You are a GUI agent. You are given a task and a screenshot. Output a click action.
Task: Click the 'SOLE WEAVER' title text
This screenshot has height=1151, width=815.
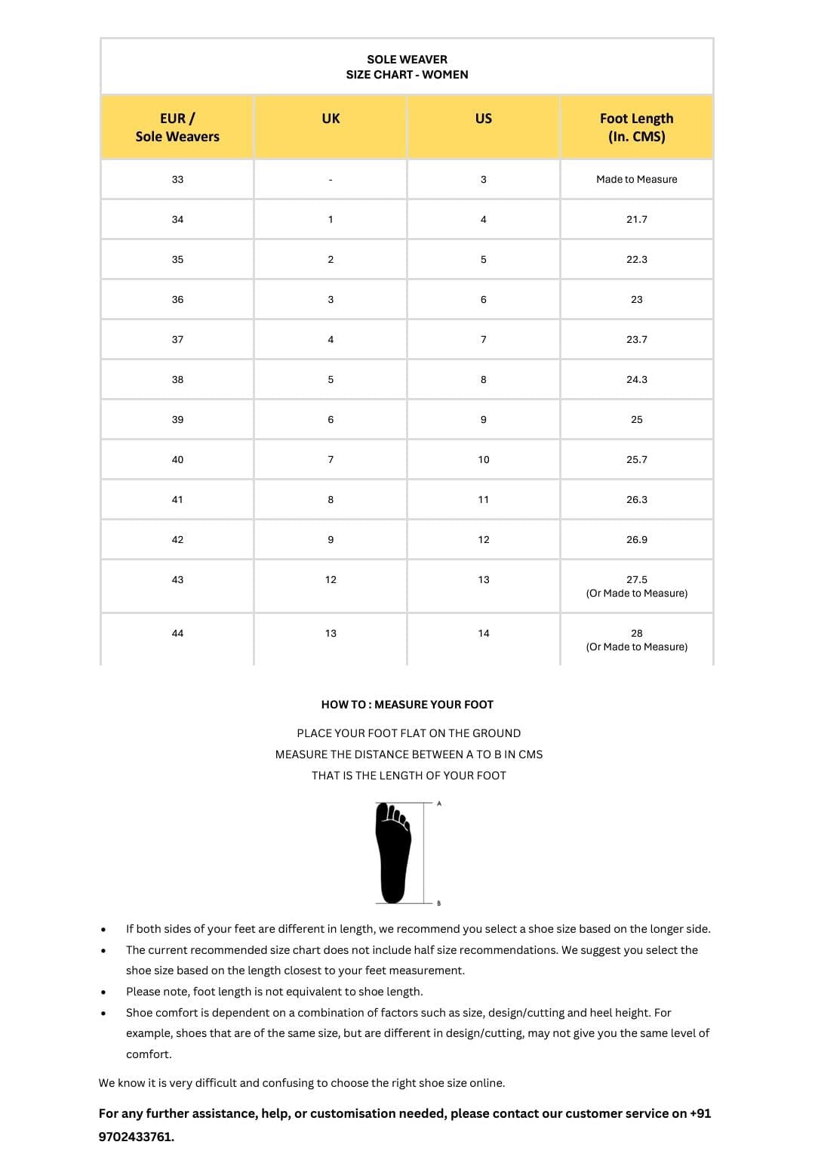(407, 59)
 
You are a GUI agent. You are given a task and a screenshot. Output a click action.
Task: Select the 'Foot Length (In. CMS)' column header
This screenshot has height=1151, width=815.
(636, 127)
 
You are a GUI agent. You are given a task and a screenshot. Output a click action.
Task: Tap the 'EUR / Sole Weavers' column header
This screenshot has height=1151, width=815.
(177, 127)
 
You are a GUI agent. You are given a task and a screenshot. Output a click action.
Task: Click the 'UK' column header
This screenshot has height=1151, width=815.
(331, 119)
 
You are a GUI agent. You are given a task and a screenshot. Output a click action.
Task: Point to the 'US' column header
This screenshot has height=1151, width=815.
(484, 119)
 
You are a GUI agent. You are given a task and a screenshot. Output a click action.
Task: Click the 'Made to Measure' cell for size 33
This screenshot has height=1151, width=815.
(636, 179)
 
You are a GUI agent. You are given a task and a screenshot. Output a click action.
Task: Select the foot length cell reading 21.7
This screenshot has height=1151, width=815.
(636, 219)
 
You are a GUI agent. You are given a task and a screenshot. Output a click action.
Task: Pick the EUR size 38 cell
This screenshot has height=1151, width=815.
(177, 379)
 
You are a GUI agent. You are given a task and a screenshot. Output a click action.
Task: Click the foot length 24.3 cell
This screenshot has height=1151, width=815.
(636, 379)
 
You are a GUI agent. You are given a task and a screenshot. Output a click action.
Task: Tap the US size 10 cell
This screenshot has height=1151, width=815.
(484, 459)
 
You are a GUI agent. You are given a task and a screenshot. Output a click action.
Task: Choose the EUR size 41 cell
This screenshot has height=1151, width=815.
(177, 499)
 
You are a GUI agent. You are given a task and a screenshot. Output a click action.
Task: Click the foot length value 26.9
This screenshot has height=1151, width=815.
(636, 539)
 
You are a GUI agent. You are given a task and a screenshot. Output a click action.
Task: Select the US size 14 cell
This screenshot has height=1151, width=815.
(484, 633)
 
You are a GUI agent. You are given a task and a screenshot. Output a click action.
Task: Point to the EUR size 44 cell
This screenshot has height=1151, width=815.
(177, 633)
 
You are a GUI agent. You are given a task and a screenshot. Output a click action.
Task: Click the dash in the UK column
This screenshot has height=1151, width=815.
(331, 180)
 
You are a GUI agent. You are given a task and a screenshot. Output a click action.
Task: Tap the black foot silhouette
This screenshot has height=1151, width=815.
(393, 853)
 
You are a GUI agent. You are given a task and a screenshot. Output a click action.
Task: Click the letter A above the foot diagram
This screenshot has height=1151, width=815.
(439, 804)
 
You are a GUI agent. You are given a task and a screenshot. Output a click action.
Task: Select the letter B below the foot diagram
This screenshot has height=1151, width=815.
(439, 903)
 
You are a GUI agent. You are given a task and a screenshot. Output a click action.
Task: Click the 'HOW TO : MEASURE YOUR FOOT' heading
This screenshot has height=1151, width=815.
(407, 705)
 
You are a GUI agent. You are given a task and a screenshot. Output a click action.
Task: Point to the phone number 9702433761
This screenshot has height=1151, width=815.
(136, 1137)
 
